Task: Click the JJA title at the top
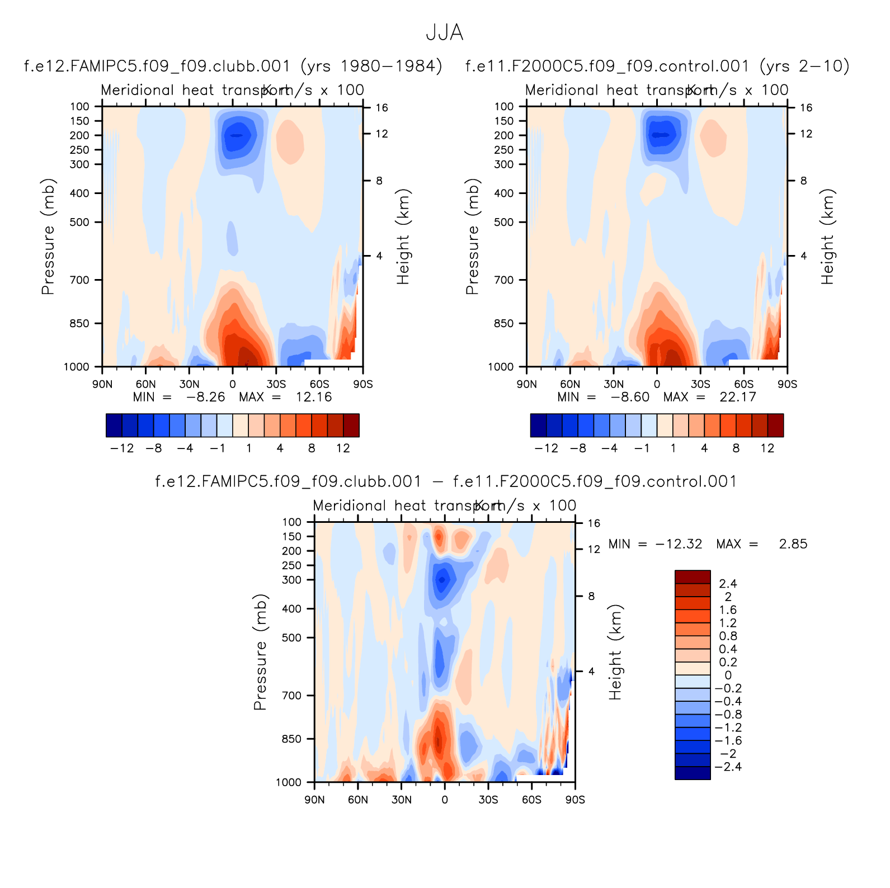click(x=445, y=32)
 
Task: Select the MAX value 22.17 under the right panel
click(x=738, y=397)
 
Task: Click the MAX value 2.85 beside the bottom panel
click(x=793, y=544)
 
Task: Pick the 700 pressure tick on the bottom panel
click(x=291, y=696)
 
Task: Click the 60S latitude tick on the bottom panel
click(x=531, y=800)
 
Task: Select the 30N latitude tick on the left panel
click(x=189, y=384)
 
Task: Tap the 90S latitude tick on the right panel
click(x=787, y=384)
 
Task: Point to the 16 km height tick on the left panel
click(x=382, y=108)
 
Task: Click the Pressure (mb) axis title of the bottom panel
click(x=260, y=652)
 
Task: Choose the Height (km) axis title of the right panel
click(x=827, y=237)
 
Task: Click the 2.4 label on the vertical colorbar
click(x=728, y=584)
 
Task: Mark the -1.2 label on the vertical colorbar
click(x=728, y=728)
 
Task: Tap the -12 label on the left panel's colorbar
click(x=122, y=448)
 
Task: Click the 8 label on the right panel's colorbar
click(x=736, y=448)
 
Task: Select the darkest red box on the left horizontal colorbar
click(x=351, y=425)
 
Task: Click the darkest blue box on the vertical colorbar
click(x=693, y=773)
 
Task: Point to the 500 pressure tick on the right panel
click(x=503, y=222)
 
